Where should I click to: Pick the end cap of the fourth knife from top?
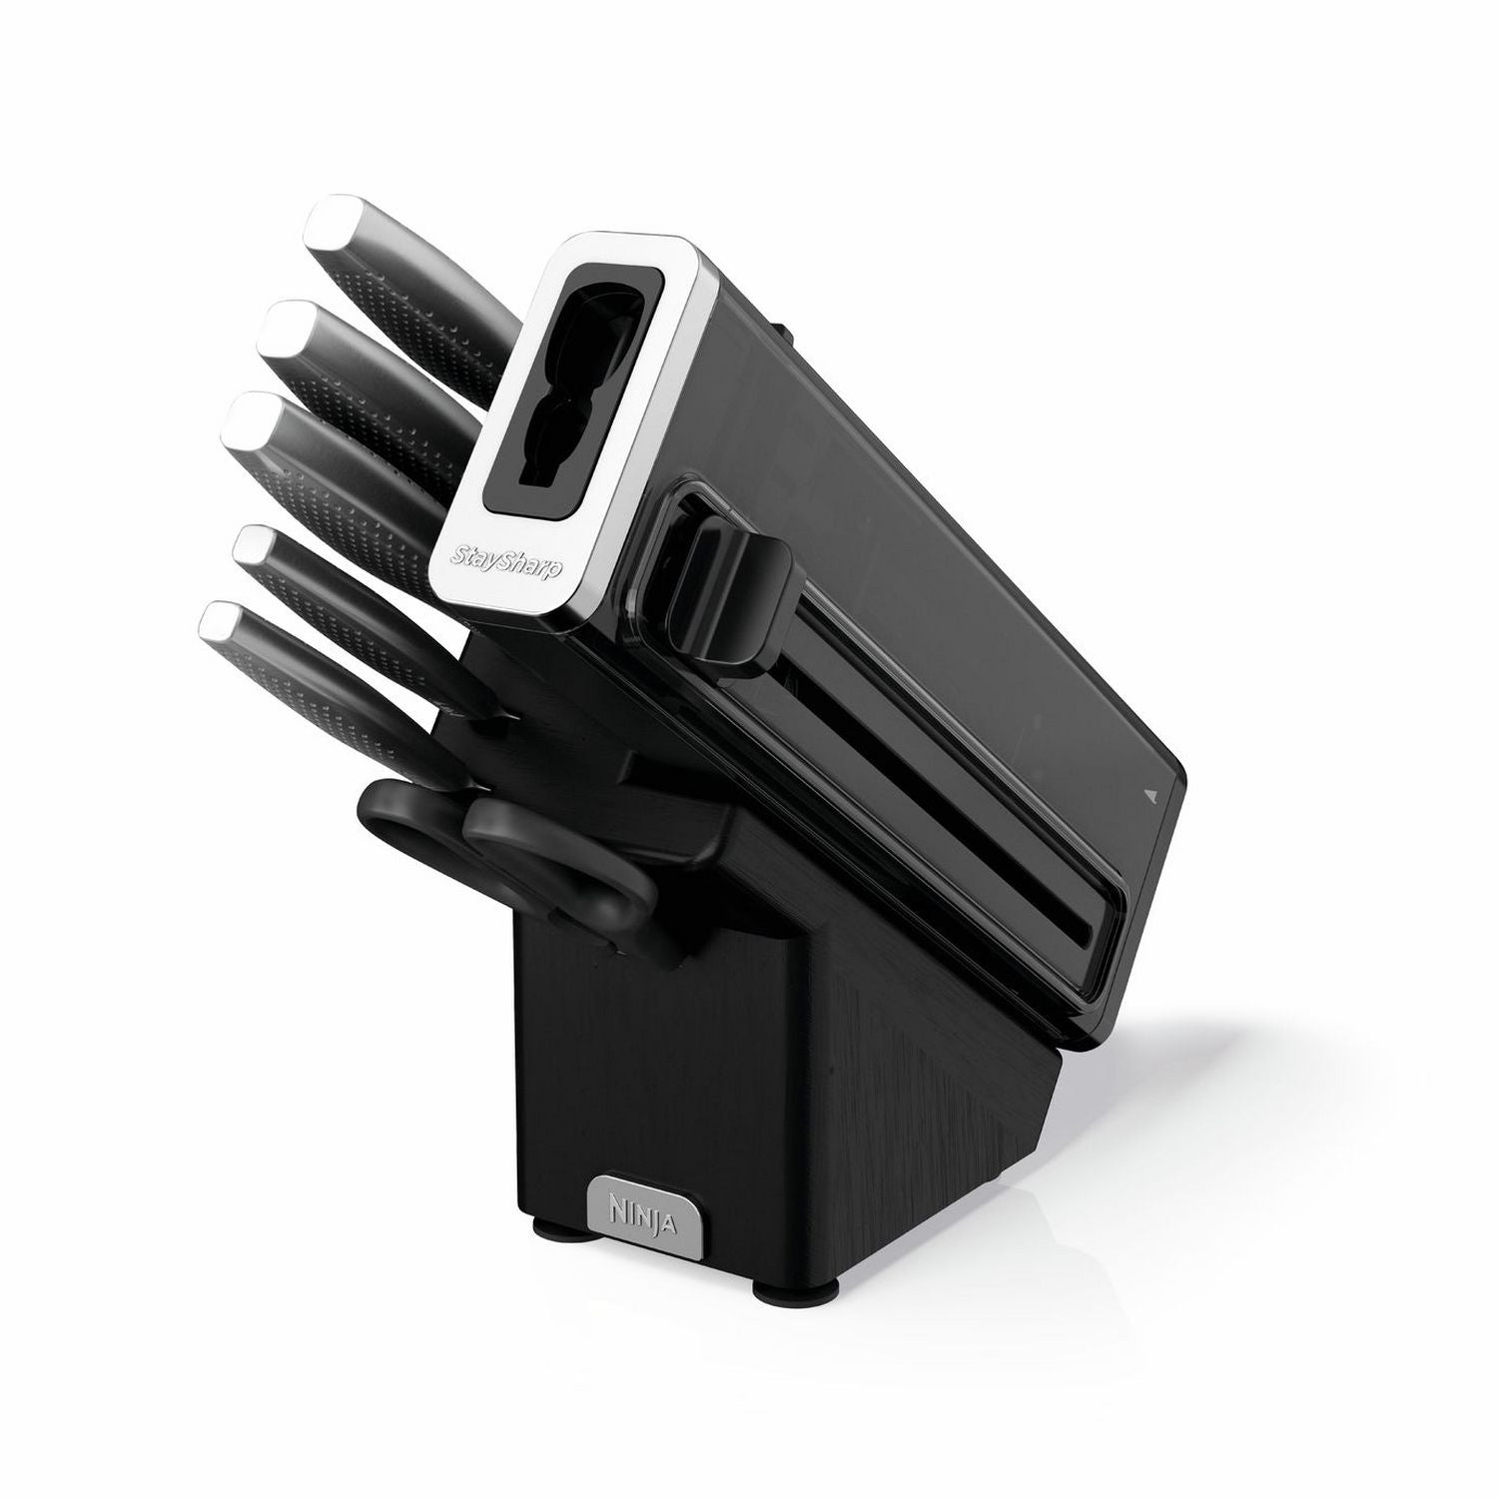[259, 546]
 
